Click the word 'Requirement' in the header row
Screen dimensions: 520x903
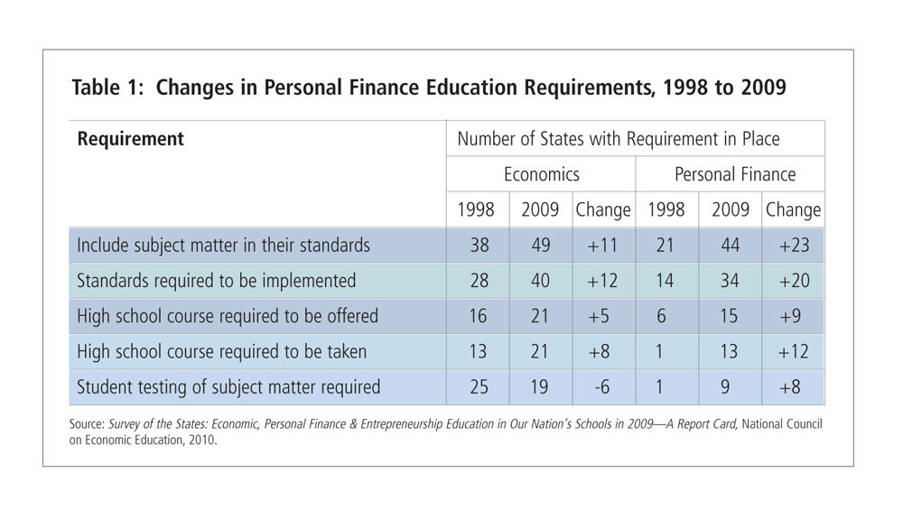[130, 139]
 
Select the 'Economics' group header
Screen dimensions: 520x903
[541, 174]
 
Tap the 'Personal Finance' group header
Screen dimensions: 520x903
[730, 174]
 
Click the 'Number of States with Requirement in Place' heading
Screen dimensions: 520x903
[618, 139]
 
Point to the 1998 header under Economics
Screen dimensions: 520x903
[476, 209]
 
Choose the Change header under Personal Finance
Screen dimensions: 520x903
[793, 209]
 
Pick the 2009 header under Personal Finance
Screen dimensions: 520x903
[730, 209]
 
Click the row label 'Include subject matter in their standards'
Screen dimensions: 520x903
[223, 246]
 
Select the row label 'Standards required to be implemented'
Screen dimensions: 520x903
[217, 281]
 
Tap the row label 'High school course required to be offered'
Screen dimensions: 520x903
[228, 316]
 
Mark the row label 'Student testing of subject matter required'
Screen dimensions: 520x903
[228, 387]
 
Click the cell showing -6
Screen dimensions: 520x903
[602, 387]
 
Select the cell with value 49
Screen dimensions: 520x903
[540, 246]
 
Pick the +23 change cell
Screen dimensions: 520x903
[793, 246]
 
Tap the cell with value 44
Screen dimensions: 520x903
[730, 246]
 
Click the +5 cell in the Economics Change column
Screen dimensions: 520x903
[602, 316]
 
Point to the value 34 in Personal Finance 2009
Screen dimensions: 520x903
[730, 281]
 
